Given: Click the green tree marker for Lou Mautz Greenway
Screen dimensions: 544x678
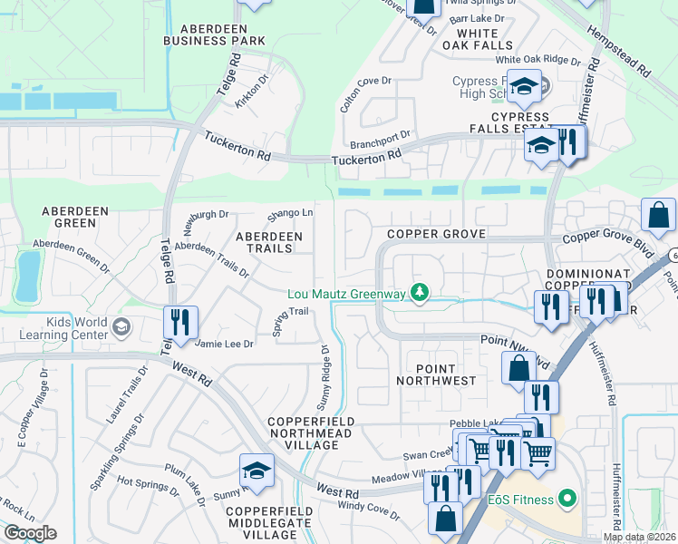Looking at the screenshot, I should tap(419, 292).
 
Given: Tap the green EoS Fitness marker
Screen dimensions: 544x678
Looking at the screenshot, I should tap(567, 497).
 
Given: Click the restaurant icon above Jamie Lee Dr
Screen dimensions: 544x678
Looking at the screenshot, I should tap(179, 321).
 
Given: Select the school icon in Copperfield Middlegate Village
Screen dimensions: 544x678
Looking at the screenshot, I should tap(257, 471).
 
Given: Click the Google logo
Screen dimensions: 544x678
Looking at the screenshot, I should tap(30, 533).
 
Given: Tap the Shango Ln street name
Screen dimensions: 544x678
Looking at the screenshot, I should tap(290, 215).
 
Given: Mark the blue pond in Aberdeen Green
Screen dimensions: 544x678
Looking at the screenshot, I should tap(27, 276).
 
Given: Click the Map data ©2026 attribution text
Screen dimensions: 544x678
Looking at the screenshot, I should tap(639, 537).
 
